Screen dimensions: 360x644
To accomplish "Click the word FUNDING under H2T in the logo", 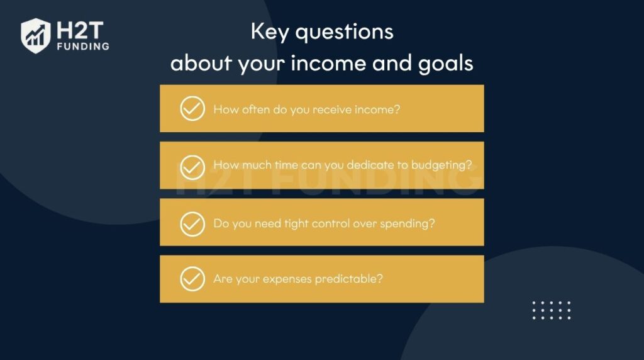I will click(x=82, y=46).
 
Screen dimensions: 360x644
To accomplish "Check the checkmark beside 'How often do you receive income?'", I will click(x=192, y=108).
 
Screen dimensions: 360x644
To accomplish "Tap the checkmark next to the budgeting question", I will click(x=192, y=167).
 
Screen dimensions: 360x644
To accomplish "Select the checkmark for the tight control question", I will click(x=192, y=223).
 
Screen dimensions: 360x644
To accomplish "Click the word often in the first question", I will click(x=255, y=109).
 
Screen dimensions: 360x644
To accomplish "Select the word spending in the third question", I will click(x=407, y=223).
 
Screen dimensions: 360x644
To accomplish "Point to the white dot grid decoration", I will click(x=552, y=310).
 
